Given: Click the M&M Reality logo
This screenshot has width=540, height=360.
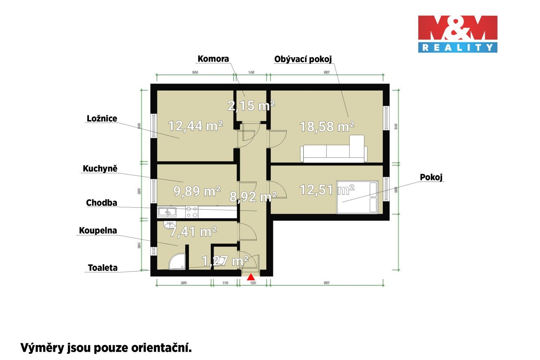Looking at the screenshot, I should point(458,33).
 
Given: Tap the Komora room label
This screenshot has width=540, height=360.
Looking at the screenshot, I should point(213,59).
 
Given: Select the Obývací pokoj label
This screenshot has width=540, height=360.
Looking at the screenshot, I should point(303,59).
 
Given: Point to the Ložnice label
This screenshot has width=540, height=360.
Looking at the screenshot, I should point(102,118).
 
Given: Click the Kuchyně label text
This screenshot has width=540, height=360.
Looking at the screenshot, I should point(100,169).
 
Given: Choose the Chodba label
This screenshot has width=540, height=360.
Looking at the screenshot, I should point(102,203).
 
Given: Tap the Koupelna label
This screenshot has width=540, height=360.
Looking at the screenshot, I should point(98,231).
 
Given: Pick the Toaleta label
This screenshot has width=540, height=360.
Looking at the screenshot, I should point(103,268).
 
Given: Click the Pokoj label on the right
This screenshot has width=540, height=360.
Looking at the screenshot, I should point(431,177).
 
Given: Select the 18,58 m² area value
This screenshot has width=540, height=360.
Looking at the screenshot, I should point(327,127).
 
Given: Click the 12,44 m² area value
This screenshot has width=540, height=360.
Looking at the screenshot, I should point(195,126).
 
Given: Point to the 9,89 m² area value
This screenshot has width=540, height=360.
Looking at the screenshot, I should point(197,192).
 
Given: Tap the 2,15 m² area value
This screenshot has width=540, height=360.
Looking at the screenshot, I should point(251,106).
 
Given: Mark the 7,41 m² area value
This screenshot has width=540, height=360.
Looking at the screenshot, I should point(193,232).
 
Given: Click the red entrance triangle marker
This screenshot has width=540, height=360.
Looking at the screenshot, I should point(250,277).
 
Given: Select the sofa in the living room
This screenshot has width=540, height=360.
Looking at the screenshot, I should point(334,151).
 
